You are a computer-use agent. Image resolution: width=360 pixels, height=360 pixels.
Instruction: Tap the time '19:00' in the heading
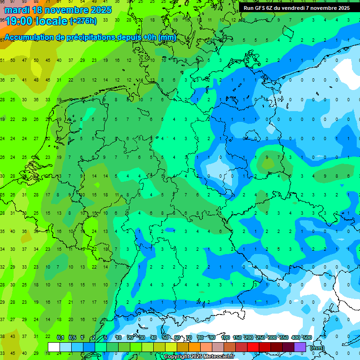click(19, 21)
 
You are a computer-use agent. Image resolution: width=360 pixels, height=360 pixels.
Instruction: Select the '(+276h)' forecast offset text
click(83, 21)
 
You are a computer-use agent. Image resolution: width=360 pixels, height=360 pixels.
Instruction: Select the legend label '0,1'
click(60, 337)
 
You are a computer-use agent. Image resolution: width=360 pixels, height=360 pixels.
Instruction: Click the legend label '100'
click(225, 337)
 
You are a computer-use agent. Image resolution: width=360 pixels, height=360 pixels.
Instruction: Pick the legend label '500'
click(307, 337)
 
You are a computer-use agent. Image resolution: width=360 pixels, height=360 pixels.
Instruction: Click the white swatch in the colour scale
click(54, 347)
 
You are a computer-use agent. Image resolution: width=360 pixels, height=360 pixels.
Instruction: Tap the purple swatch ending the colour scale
click(300, 347)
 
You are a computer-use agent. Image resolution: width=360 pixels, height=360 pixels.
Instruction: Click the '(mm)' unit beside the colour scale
click(317, 347)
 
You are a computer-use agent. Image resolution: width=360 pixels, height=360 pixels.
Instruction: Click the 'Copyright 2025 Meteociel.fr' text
click(199, 357)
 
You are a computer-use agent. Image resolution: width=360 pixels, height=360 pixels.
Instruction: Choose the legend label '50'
click(165, 337)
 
